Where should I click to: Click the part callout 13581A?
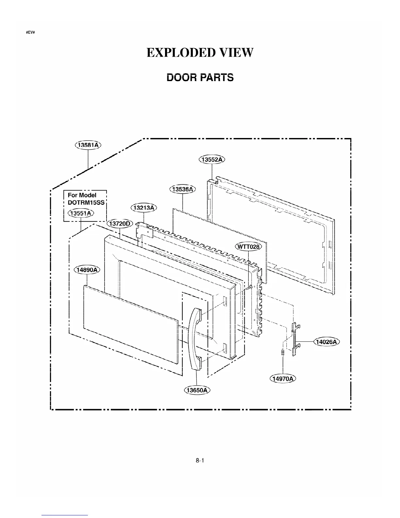(88, 145)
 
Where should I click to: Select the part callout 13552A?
(212, 160)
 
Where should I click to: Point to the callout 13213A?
(144, 208)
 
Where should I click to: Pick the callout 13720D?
(120, 224)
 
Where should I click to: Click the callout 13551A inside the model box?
(81, 213)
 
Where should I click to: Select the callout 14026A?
(327, 342)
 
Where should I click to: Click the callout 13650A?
(197, 390)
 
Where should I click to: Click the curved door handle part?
(194, 340)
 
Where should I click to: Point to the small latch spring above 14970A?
(282, 352)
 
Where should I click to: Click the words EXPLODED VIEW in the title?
(200, 52)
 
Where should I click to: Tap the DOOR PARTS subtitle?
(200, 78)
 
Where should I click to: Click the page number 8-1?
(200, 461)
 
